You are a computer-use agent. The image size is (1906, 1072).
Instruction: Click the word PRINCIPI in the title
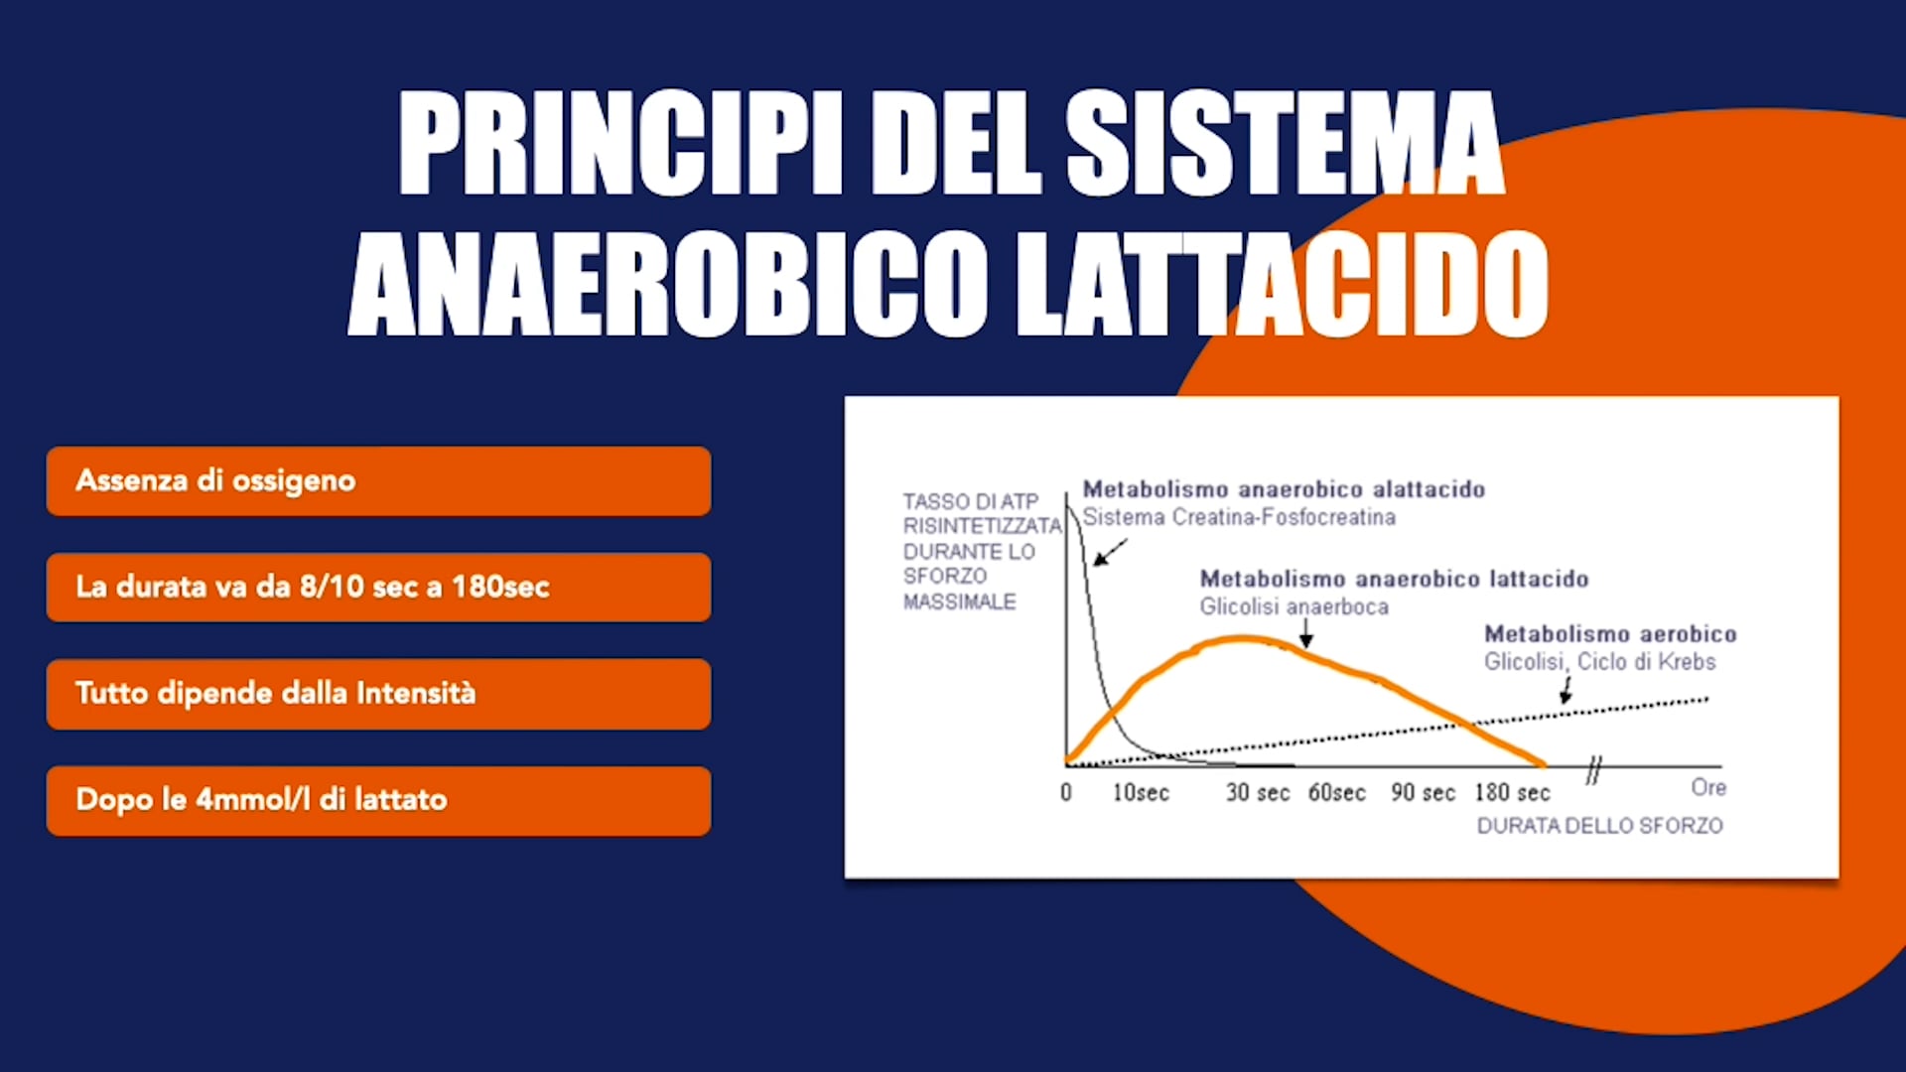click(621, 143)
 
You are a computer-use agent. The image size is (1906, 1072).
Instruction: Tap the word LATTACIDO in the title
click(1283, 284)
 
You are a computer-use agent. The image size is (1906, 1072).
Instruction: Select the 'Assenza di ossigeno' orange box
click(378, 481)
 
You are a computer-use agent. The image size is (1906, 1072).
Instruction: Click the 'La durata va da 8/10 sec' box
click(378, 588)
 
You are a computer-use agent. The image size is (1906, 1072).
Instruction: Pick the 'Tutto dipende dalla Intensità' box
click(378, 694)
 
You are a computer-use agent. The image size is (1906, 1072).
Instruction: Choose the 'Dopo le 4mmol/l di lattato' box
click(378, 801)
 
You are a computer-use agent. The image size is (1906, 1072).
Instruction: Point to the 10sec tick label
click(1141, 793)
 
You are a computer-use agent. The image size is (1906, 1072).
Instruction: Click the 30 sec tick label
click(1258, 793)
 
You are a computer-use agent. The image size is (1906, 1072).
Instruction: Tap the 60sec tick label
click(1337, 793)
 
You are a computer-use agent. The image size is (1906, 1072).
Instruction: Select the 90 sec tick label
click(1423, 793)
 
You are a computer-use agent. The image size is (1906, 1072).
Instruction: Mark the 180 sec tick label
click(1512, 793)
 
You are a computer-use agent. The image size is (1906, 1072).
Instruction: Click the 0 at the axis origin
click(1066, 793)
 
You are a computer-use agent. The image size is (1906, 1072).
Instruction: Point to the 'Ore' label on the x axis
click(1708, 788)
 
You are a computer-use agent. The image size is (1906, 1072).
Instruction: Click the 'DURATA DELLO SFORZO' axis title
click(1599, 826)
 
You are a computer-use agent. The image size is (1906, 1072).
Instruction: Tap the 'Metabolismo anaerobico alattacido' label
click(1284, 489)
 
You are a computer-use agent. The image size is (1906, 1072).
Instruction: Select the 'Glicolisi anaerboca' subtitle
click(1293, 606)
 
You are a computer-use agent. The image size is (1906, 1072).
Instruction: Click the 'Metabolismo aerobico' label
click(1610, 634)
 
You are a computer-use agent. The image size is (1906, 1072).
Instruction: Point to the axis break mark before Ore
click(1594, 769)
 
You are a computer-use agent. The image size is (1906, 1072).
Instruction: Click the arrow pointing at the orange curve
click(1306, 633)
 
